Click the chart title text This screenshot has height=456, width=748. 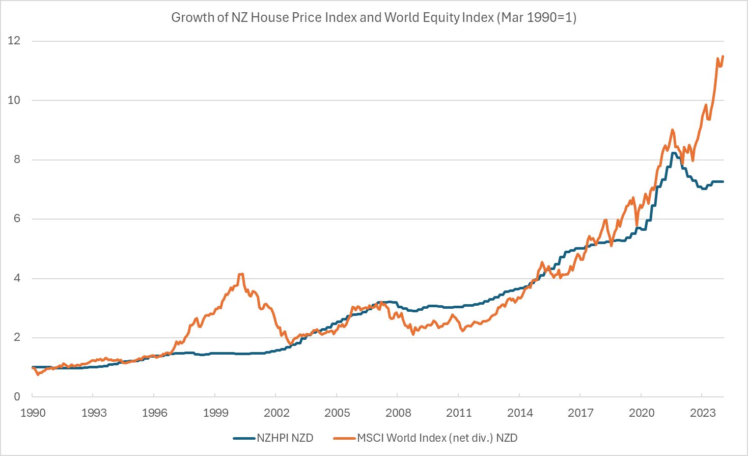pyautogui.click(x=374, y=17)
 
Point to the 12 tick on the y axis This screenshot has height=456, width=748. pyautogui.click(x=14, y=41)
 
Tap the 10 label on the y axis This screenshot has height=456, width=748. pyautogui.click(x=14, y=100)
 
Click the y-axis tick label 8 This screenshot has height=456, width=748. pyautogui.click(x=17, y=159)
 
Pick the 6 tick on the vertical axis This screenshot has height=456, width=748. pyautogui.click(x=17, y=219)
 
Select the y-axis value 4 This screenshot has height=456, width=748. pyautogui.click(x=17, y=278)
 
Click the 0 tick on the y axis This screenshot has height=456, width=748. pyautogui.click(x=17, y=396)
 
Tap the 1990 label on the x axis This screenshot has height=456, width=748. pyautogui.click(x=33, y=413)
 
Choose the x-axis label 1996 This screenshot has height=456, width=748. pyautogui.click(x=154, y=413)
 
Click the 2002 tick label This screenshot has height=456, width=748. pyautogui.click(x=276, y=413)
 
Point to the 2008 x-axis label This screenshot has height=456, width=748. pyautogui.click(x=398, y=413)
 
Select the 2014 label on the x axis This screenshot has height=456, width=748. pyautogui.click(x=520, y=413)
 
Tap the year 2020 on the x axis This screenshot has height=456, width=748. pyautogui.click(x=642, y=413)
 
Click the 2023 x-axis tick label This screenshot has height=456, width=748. pyautogui.click(x=702, y=413)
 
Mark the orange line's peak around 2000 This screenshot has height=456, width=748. pyautogui.click(x=241, y=274)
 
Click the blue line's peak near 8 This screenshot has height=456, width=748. pyautogui.click(x=674, y=153)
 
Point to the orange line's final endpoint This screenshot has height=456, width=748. pyautogui.click(x=723, y=56)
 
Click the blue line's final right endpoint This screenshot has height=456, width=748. pyautogui.click(x=723, y=182)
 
